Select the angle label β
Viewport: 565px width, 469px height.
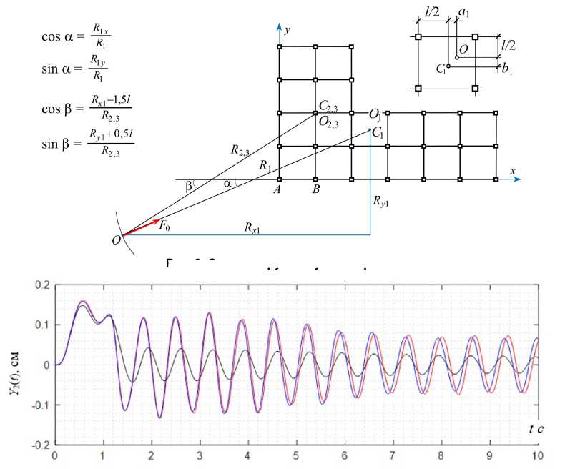pyautogui.click(x=188, y=186)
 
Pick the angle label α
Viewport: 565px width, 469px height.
pyautogui.click(x=227, y=184)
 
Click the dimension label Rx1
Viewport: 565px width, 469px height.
pyautogui.click(x=252, y=228)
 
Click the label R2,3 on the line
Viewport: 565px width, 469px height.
pyautogui.click(x=240, y=149)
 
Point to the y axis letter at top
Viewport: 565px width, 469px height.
pyautogui.click(x=287, y=30)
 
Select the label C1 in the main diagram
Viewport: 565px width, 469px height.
pyautogui.click(x=378, y=133)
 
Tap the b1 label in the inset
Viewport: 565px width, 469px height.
pyautogui.click(x=507, y=69)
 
